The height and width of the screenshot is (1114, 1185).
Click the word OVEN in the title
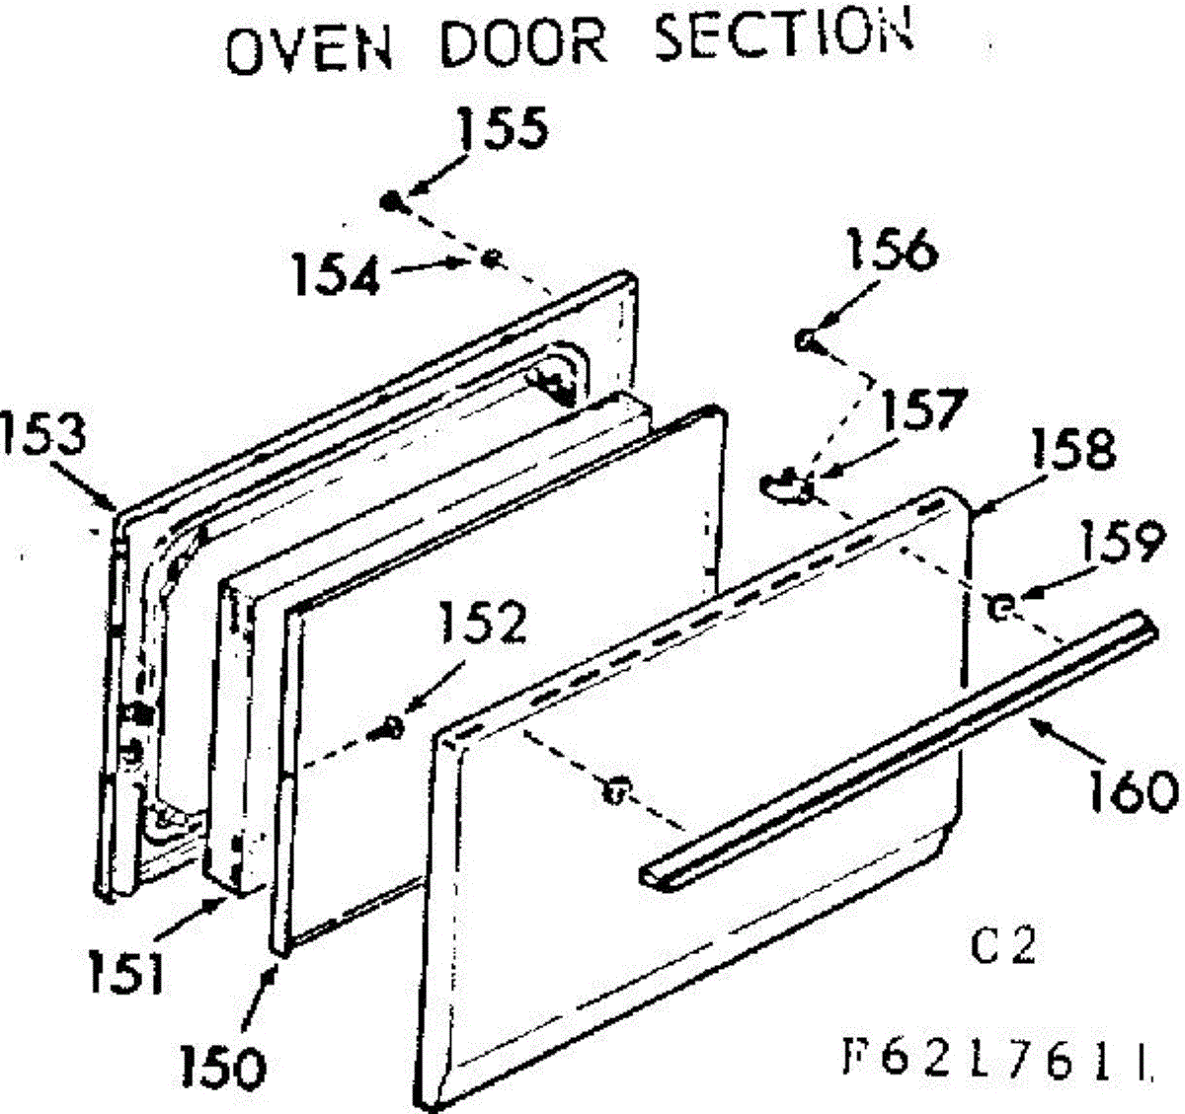click(x=310, y=49)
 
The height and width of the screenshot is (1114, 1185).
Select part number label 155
click(x=503, y=128)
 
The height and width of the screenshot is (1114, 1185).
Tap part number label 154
click(x=337, y=274)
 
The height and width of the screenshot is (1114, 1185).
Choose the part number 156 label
click(x=892, y=251)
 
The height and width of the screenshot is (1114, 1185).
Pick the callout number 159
click(x=1122, y=542)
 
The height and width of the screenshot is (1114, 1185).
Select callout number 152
click(x=483, y=622)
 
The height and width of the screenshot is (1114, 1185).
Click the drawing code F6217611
click(x=997, y=1063)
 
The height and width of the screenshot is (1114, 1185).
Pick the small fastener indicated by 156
click(x=805, y=340)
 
